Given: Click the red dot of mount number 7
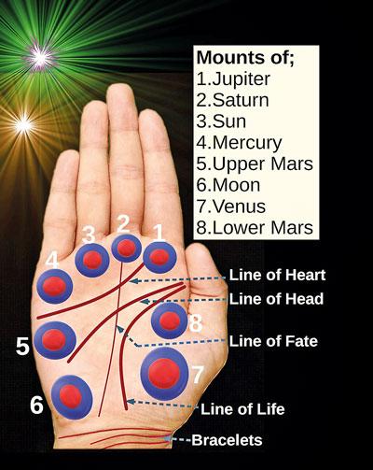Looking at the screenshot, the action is pos(164,374).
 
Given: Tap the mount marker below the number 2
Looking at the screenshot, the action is pos(126,248).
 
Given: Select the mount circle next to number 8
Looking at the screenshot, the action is pos(170,320).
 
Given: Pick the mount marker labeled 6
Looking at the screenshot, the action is pos(72,397).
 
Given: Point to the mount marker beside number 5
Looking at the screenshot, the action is pos(55,340).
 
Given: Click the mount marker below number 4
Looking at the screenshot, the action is pos(55,286).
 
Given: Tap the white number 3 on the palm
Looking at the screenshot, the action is pos(89,235).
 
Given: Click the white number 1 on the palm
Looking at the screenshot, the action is pos(159,233).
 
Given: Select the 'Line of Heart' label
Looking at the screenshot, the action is pos(277,275).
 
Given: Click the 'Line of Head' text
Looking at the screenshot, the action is pos(276,299).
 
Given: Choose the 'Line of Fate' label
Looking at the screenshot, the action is pos(273,341).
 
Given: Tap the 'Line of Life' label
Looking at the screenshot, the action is pos(242,409).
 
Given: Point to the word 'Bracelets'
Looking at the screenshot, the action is pos(227,440).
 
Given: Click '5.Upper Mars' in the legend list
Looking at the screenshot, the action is pos(255,164).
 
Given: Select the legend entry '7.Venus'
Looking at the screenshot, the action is pos(231,207).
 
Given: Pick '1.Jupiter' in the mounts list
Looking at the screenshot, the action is pos(233,79).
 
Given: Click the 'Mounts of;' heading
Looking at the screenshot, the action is pos(245,58).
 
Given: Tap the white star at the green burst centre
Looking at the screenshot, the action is pos(39,56).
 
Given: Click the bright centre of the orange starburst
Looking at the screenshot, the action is pos(24,125).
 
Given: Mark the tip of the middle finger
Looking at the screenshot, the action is pos(120,84).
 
